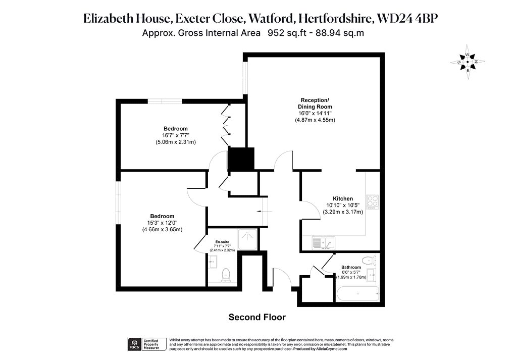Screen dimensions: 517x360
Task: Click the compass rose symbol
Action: pos(468,62)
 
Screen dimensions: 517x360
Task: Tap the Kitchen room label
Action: pos(343,198)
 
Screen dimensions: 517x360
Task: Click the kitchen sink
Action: pos(324,243)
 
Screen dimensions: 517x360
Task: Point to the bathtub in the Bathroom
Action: pos(358,293)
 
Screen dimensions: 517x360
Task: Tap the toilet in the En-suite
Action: pos(226,275)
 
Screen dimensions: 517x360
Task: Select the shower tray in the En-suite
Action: pos(247,239)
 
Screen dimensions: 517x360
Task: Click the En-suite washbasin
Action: pos(213,262)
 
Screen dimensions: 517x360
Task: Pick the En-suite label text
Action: pos(222,242)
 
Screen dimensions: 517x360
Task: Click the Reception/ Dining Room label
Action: pos(315,103)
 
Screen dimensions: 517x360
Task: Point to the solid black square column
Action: pos(241,159)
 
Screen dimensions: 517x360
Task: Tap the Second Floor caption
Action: pos(257,317)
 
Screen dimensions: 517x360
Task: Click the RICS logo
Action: pos(134,344)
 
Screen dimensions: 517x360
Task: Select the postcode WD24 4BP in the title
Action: pos(407,19)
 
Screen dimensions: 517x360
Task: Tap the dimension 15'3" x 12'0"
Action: pos(162,223)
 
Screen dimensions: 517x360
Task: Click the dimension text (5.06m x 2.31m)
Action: pos(176,142)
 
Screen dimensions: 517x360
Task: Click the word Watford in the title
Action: pos(271,19)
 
